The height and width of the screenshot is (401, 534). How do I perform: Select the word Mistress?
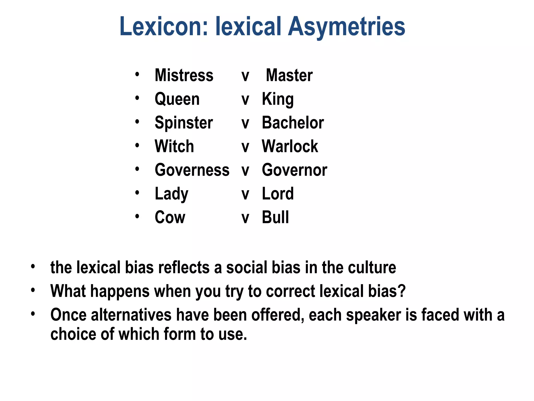pyautogui.click(x=184, y=75)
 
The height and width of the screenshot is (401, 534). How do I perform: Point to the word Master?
pyautogui.click(x=289, y=75)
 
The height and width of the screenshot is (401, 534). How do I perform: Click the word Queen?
pyautogui.click(x=177, y=99)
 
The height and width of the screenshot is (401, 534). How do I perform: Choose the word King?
pyautogui.click(x=278, y=99)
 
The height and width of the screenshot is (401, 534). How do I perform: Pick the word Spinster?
pyautogui.click(x=184, y=123)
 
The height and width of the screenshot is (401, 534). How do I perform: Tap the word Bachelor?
pyautogui.click(x=293, y=123)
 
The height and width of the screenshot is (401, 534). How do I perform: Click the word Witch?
pyautogui.click(x=174, y=146)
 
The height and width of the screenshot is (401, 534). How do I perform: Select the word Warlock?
pyautogui.click(x=290, y=146)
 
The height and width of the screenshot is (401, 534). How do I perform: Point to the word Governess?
pyautogui.click(x=192, y=170)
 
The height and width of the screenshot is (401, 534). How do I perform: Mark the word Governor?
pyautogui.click(x=294, y=170)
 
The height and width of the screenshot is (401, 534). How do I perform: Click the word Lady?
pyautogui.click(x=172, y=194)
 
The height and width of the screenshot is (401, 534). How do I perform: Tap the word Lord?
pyautogui.click(x=278, y=194)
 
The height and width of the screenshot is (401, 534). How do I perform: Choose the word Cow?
pyautogui.click(x=170, y=217)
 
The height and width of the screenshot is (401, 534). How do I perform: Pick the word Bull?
pyautogui.click(x=275, y=217)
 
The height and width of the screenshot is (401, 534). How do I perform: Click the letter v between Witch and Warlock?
pyautogui.click(x=245, y=147)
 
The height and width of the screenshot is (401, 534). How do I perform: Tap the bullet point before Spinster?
pyautogui.click(x=137, y=122)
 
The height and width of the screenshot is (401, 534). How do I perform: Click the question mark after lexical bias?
pyautogui.click(x=401, y=291)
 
